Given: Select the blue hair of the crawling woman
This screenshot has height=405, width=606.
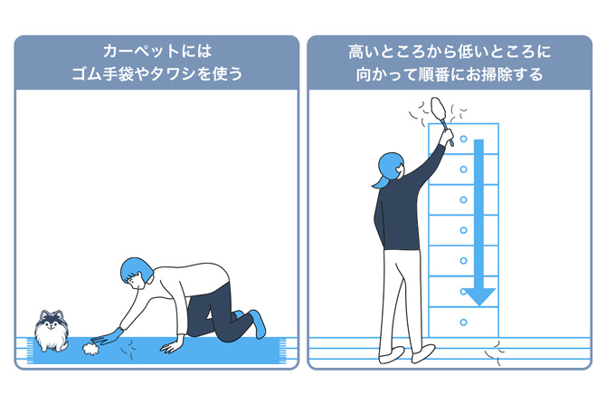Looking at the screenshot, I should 136,268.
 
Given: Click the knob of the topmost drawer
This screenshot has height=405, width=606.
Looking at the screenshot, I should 463,140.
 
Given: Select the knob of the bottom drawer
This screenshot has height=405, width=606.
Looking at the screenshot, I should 463,322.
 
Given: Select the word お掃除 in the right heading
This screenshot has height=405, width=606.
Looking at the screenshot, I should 488,75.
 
